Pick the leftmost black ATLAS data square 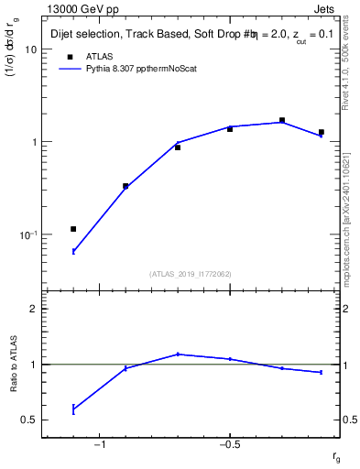[x=73, y=229]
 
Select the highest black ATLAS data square [x=282, y=120]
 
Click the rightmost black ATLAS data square [x=321, y=133]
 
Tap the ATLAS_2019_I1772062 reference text [x=191, y=273]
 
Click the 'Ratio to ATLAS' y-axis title [x=14, y=365]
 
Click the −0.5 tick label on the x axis [x=228, y=446]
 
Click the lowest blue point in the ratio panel [x=73, y=409]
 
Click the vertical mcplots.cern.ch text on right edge [x=353, y=211]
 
